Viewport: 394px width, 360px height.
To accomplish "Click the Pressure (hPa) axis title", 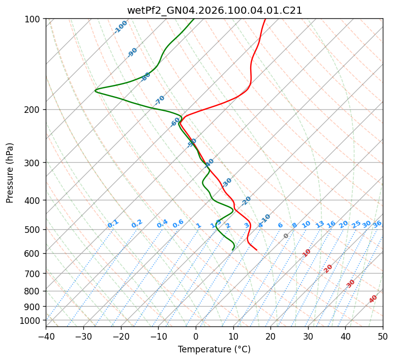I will [x=10, y=172].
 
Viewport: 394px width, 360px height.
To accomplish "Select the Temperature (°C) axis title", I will [x=214, y=349].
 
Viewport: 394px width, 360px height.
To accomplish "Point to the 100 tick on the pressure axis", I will [x=33, y=19].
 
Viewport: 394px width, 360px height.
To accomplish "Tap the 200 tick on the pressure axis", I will [x=33, y=109].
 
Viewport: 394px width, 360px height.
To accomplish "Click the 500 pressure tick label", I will [x=33, y=229].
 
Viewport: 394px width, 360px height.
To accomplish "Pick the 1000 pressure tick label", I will [x=31, y=320].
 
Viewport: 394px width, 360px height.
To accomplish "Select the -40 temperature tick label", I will [x=46, y=336].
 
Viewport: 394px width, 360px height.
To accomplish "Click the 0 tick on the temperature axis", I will [x=196, y=336].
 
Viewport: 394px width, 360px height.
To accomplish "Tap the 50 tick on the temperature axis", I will [x=383, y=336].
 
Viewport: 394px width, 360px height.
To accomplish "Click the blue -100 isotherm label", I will [x=121, y=27].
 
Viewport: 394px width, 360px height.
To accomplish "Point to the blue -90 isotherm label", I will [x=132, y=52].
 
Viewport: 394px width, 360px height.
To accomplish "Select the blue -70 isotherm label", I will [x=160, y=100].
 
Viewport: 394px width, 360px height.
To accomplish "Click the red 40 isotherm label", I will [x=373, y=299].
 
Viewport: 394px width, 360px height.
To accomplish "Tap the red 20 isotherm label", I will [x=328, y=268].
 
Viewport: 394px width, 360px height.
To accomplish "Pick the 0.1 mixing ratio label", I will [x=113, y=224].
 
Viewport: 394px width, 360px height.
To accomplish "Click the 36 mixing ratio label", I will [x=377, y=224].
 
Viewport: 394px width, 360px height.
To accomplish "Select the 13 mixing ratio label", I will [x=320, y=224].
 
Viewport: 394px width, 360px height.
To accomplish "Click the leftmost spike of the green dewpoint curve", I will [x=96, y=91].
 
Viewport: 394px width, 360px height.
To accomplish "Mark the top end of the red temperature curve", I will [x=265, y=19].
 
